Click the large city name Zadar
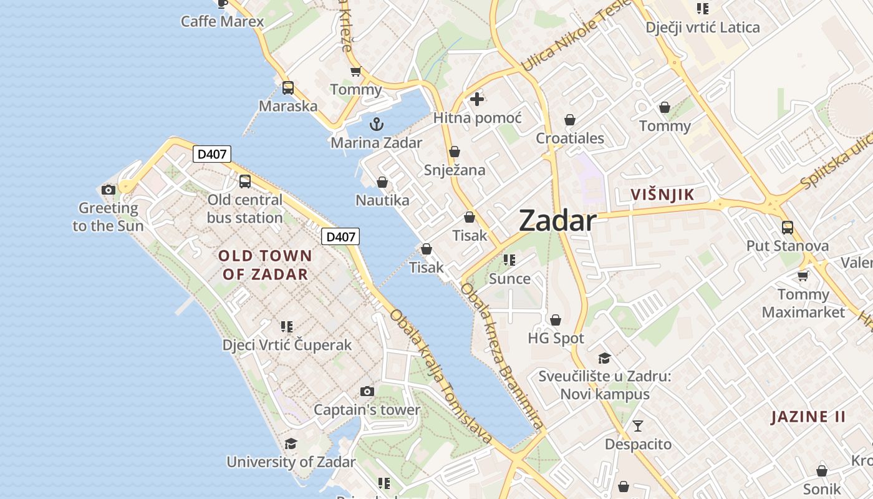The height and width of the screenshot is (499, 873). point(557,221)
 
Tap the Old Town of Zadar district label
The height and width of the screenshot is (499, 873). point(265,264)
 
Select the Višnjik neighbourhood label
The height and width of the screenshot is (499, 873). point(662,195)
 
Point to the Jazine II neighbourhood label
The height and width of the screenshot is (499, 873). point(808,417)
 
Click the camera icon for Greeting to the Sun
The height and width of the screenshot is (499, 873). point(109,190)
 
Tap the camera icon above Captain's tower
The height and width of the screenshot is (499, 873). point(367,391)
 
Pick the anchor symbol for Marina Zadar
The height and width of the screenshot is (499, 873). point(376,124)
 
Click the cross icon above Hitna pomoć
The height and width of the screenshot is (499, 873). point(477,99)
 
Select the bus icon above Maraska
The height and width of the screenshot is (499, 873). point(287,88)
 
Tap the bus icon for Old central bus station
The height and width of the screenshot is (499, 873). point(245,182)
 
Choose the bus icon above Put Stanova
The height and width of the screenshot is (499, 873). point(788,227)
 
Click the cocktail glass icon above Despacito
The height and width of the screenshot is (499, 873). point(638,426)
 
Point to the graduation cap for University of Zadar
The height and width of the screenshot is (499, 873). point(291,443)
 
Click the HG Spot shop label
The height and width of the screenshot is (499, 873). point(556,339)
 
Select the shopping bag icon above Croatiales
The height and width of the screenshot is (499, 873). point(570,120)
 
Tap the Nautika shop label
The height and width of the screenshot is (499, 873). point(382,200)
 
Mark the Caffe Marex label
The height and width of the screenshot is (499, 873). point(222,21)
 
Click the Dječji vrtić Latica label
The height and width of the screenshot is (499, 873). point(703,27)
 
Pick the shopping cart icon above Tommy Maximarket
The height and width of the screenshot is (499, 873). point(803,275)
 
